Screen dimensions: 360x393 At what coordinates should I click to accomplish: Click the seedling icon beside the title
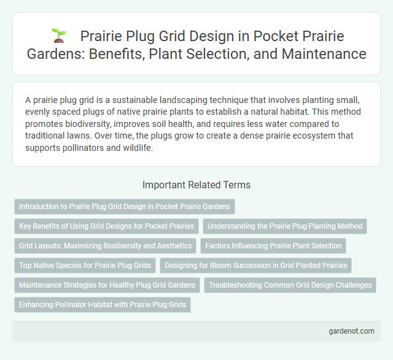click(x=58, y=36)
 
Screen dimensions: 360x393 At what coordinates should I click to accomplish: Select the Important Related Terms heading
click(x=196, y=185)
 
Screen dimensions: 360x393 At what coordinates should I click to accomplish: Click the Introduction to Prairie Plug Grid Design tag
click(x=125, y=207)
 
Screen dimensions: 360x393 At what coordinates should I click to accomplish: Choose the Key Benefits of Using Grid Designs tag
click(x=106, y=226)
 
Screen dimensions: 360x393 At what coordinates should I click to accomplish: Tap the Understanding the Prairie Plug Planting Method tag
click(x=284, y=226)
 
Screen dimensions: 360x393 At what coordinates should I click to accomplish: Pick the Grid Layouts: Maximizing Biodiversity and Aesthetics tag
click(x=105, y=246)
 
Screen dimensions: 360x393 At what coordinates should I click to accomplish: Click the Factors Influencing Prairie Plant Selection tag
click(x=273, y=246)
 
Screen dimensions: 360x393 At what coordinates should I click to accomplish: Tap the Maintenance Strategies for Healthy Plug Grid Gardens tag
click(x=107, y=285)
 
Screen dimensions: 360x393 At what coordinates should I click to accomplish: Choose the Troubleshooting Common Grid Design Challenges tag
click(x=289, y=285)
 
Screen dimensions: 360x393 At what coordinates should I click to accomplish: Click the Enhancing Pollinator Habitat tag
click(x=103, y=305)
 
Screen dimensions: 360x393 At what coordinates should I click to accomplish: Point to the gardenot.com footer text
click(x=351, y=331)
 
